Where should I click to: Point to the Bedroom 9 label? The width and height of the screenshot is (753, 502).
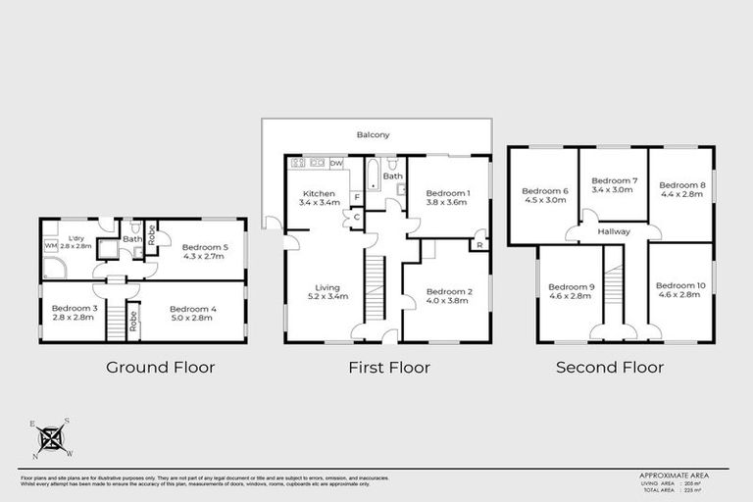click(x=569, y=290)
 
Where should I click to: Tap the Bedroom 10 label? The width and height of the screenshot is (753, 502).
click(x=681, y=290)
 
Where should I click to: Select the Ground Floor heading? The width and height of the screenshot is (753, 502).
click(x=161, y=368)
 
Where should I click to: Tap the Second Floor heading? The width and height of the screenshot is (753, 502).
click(x=609, y=368)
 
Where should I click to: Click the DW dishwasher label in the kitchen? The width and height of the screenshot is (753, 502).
click(x=335, y=163)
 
